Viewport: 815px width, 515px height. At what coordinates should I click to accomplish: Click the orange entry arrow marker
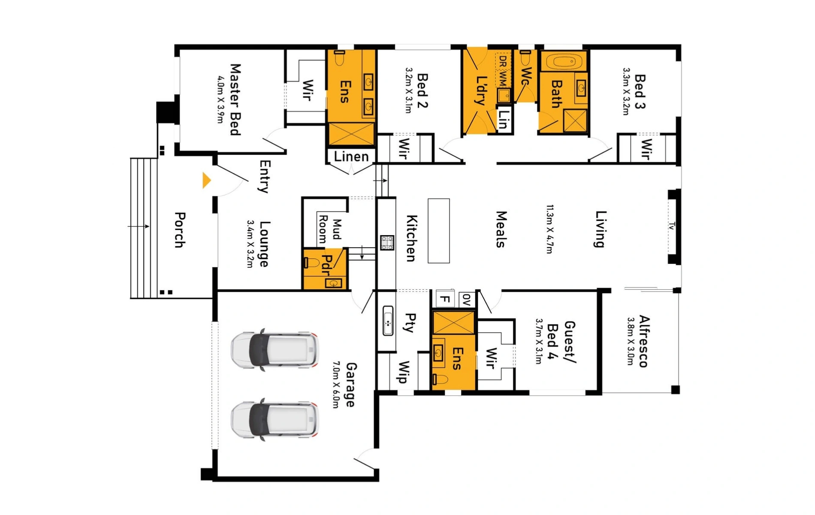(x=206, y=181)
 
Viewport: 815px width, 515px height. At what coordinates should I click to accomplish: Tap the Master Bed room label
(x=235, y=100)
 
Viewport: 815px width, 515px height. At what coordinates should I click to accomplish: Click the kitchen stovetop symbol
(x=387, y=242)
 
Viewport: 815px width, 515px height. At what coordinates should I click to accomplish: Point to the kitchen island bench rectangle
(x=438, y=231)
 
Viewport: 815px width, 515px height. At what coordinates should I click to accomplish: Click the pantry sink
(x=388, y=321)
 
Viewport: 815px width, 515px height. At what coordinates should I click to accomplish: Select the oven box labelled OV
(x=467, y=299)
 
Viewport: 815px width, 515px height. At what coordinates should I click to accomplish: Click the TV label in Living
(x=672, y=226)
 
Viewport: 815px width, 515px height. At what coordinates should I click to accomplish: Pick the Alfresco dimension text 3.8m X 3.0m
(x=631, y=341)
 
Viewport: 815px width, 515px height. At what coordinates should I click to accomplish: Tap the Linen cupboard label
(x=351, y=157)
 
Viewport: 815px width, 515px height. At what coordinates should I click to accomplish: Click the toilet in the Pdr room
(x=311, y=263)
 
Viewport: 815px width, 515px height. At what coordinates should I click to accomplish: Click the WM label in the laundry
(x=503, y=79)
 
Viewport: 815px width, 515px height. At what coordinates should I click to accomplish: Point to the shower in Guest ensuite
(x=453, y=323)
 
